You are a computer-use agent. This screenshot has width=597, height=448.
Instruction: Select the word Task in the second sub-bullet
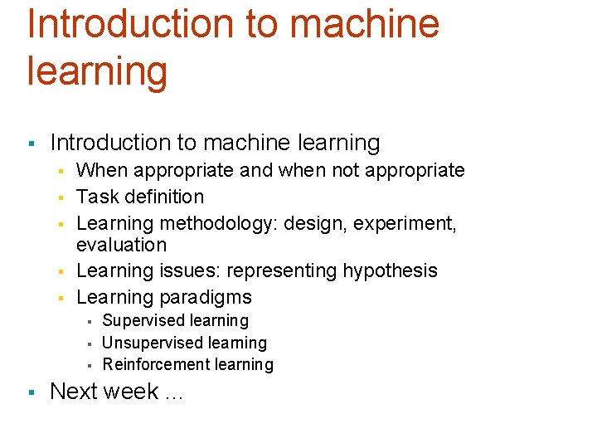pos(94,197)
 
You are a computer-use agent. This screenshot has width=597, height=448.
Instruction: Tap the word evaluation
pos(121,245)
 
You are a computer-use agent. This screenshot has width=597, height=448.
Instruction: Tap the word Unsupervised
pos(149,343)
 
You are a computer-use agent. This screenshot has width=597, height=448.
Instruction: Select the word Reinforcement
pos(153,364)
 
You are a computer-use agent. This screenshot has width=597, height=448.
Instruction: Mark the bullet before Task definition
pos(60,197)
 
